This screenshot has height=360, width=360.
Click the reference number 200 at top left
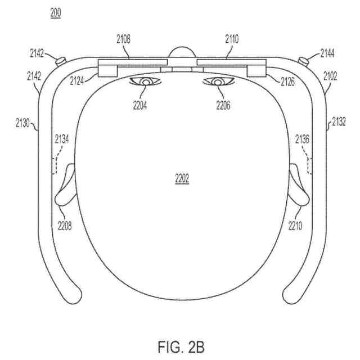coord(56,12)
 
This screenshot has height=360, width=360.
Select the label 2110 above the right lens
coord(231,40)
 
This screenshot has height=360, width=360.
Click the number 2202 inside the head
coord(182,179)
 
